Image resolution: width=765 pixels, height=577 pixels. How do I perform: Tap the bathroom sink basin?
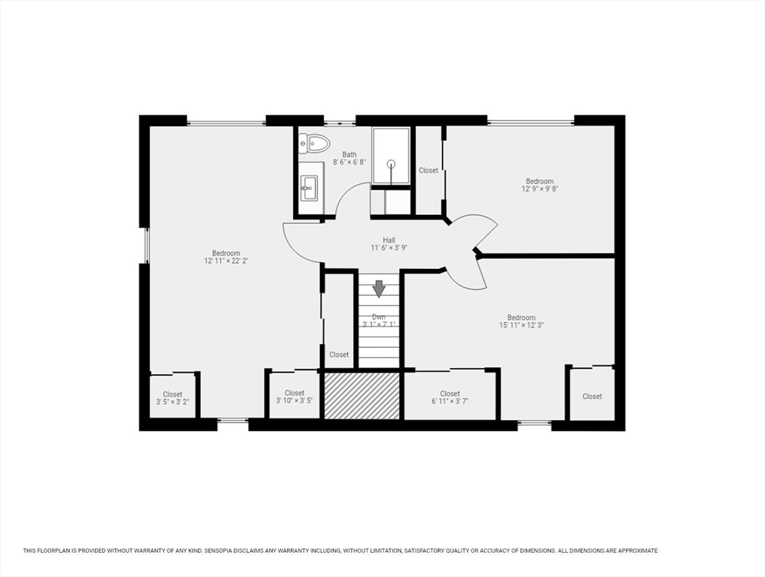click(308, 187)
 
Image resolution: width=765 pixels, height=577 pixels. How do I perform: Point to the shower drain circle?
click(391, 164)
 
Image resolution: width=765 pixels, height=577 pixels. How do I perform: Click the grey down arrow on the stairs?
click(379, 288)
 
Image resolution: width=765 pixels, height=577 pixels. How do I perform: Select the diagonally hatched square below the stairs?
click(362, 395)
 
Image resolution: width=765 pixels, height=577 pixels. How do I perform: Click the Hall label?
click(389, 240)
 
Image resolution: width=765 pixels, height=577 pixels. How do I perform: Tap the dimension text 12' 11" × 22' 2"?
click(226, 261)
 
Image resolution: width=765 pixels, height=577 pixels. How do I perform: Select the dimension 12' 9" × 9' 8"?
click(540, 189)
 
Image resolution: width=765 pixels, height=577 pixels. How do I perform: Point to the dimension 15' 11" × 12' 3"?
click(521, 325)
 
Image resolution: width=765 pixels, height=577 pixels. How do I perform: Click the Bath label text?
click(349, 155)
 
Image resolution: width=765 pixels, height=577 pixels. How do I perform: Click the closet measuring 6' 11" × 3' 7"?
click(450, 395)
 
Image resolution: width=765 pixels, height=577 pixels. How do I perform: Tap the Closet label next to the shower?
click(428, 171)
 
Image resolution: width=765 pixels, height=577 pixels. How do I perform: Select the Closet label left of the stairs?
click(339, 355)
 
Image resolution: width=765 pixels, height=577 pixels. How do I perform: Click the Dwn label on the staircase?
click(379, 316)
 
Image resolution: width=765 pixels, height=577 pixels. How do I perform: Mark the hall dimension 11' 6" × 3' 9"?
click(389, 248)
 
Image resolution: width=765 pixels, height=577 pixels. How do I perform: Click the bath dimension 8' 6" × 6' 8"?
click(349, 162)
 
